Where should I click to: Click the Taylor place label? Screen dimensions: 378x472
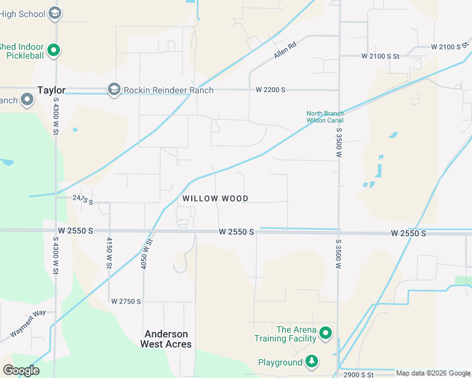click(52, 90)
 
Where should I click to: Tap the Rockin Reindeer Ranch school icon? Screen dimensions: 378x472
click(114, 90)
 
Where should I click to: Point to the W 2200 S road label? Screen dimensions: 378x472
click(271, 90)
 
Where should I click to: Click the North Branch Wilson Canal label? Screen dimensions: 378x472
click(325, 117)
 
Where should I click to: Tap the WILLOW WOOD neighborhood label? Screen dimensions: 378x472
click(215, 198)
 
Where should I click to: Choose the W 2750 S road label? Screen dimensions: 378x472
click(126, 302)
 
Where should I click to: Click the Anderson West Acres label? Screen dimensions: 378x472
click(168, 339)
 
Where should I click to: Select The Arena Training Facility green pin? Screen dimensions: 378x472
click(326, 333)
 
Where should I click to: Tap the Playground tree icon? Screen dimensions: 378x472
click(311, 362)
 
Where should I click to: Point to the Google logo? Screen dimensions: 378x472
click(21, 370)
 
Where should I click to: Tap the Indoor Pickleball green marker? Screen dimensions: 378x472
click(54, 50)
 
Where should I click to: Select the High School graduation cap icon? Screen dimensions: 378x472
click(55, 13)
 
